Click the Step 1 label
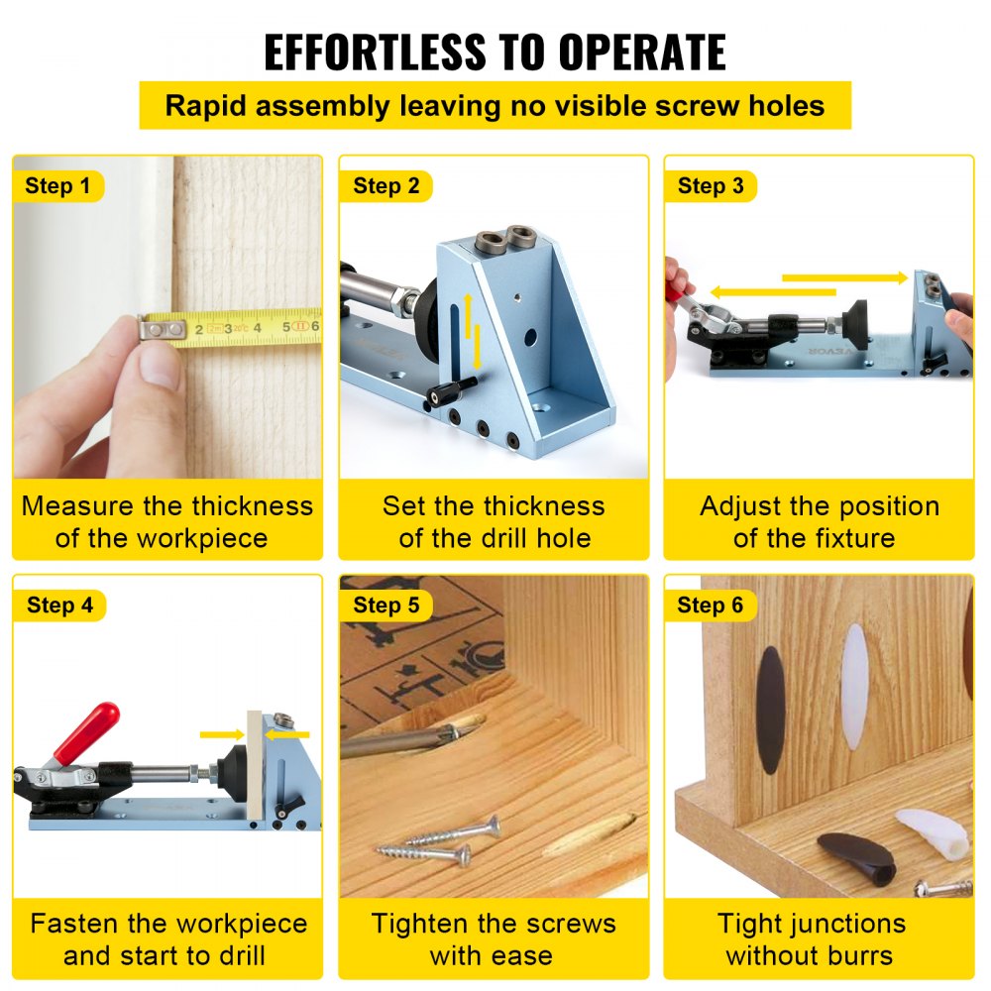coord(57,186)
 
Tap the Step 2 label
coord(385,186)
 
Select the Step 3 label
coord(710,186)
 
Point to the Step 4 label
coord(59,606)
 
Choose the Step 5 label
coord(385,606)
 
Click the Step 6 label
coord(710,606)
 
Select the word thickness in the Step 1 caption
coord(252,506)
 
